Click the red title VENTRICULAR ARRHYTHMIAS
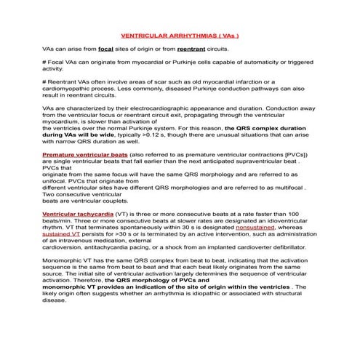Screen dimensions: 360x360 pyautogui.click(x=180, y=34)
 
